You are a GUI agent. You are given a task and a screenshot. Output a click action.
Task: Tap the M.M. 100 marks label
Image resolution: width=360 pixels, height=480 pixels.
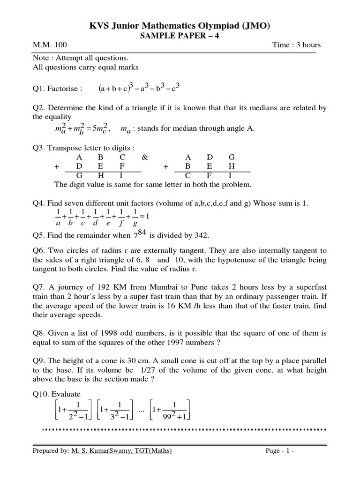pos(50,45)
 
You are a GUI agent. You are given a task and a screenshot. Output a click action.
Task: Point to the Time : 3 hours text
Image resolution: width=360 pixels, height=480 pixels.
pos(296,45)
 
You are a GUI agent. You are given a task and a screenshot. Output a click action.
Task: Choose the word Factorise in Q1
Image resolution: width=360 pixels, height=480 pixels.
pos(67,89)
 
